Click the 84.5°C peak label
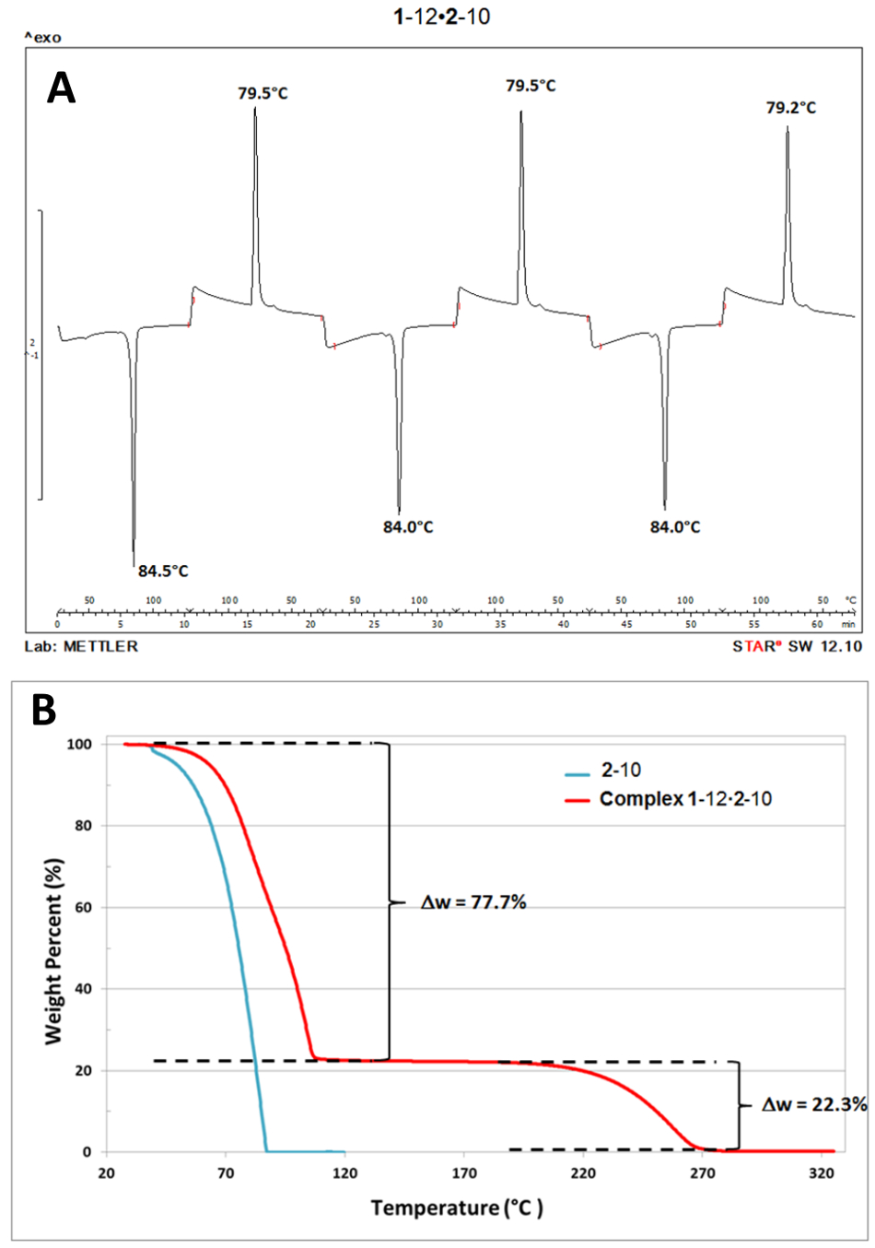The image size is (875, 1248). tap(163, 571)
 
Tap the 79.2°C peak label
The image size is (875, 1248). tap(790, 108)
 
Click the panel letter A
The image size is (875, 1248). tap(62, 88)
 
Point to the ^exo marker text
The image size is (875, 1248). tap(42, 38)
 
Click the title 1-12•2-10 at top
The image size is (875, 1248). tap(441, 17)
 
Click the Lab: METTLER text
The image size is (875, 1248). tap(82, 646)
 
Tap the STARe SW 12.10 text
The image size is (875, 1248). tap(797, 646)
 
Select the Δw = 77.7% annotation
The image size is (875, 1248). tap(473, 902)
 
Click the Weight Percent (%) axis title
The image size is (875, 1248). tap(54, 950)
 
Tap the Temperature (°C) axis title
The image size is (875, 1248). tap(457, 1207)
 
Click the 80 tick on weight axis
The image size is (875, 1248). tap(84, 826)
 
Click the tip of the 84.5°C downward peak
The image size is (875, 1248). tap(134, 564)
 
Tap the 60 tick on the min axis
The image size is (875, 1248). tap(817, 624)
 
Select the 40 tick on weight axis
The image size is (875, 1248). tap(84, 989)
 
